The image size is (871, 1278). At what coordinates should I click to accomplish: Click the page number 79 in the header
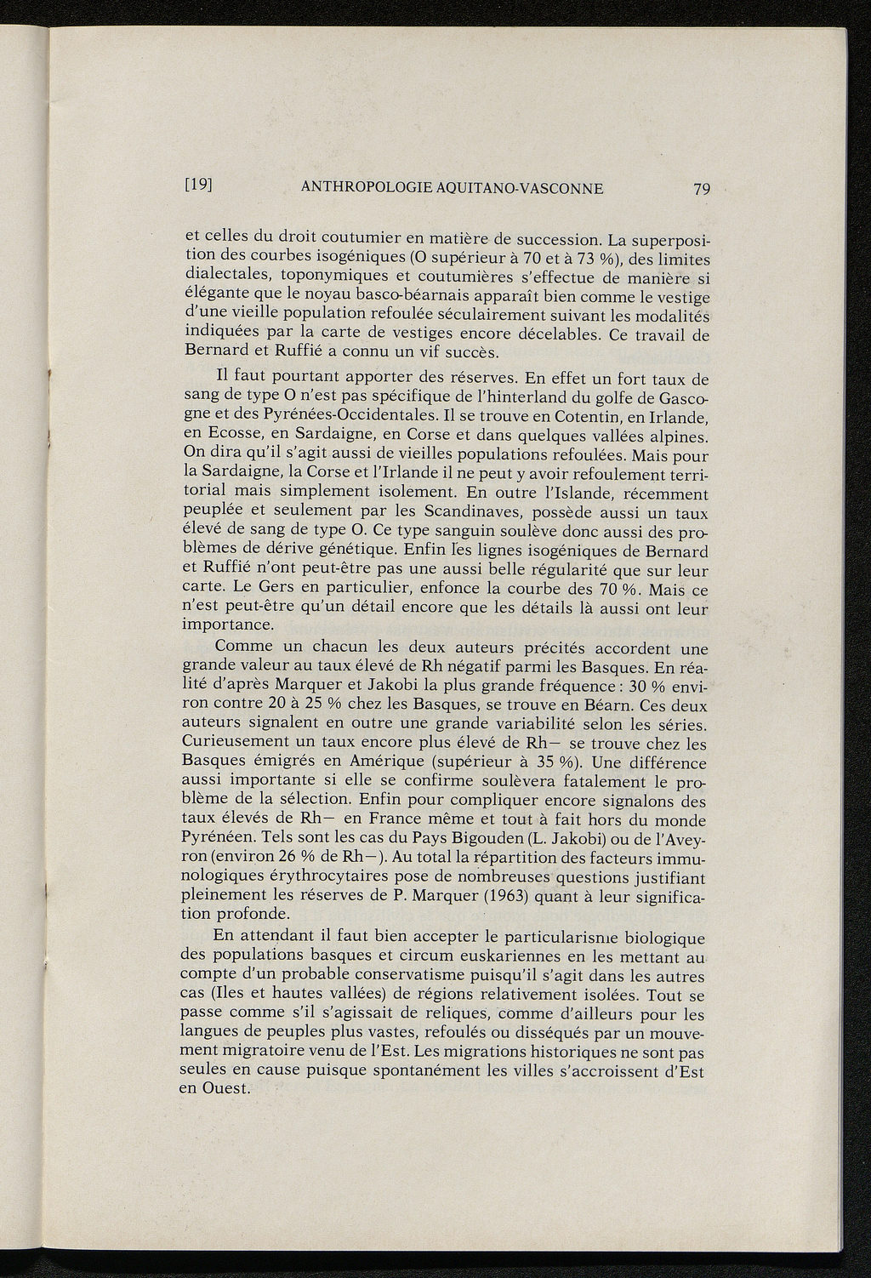(701, 189)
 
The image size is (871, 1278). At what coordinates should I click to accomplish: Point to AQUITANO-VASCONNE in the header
(520, 188)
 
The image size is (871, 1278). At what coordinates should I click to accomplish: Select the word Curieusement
(236, 743)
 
